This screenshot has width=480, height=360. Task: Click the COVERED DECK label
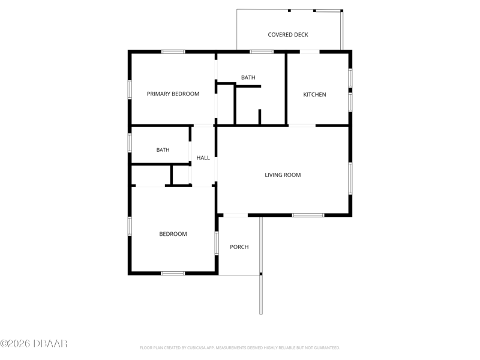[x=288, y=35]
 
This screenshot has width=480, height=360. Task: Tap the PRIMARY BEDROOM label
[x=173, y=94]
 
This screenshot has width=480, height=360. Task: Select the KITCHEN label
[x=314, y=95]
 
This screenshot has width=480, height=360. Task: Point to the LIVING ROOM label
[x=283, y=175]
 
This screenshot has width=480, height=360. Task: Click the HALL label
[x=203, y=158]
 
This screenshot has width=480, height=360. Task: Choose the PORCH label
[x=239, y=247]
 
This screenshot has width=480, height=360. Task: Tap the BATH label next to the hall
[x=163, y=149]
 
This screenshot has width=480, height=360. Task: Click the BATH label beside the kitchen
[x=248, y=77]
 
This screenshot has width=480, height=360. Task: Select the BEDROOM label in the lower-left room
[x=173, y=234]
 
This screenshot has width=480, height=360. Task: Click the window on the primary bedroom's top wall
[x=173, y=52]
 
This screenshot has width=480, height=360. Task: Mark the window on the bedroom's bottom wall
[x=173, y=274]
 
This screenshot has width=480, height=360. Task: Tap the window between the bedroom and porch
[x=217, y=243]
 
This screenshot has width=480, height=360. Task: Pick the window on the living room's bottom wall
[x=308, y=215]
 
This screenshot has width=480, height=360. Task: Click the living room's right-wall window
[x=350, y=178]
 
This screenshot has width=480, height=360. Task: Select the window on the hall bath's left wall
[x=130, y=143]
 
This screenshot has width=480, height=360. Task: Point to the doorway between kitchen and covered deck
[x=310, y=52]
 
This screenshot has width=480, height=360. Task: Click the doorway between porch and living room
[x=235, y=215]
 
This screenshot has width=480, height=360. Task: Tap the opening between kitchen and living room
[x=302, y=125]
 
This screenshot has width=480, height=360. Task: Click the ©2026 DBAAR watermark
[x=34, y=343]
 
